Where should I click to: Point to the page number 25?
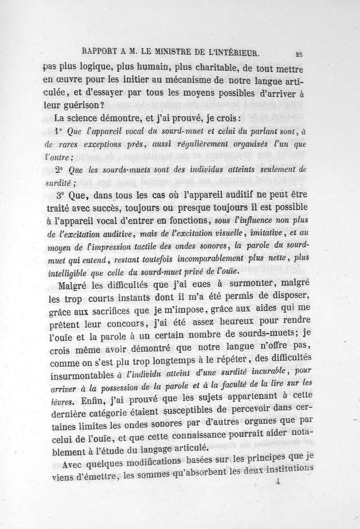[298, 54]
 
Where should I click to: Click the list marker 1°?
[57, 132]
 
